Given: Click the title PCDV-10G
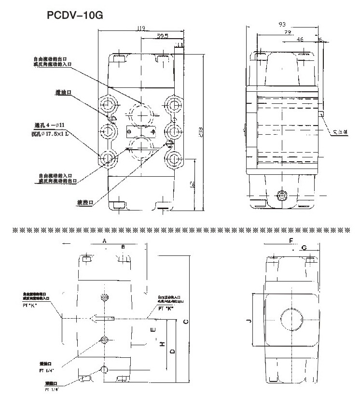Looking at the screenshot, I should point(74,15).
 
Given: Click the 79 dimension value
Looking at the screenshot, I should point(287,33).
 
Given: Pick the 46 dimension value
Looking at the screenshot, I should point(300,41).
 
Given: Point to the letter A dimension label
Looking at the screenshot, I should point(104,240).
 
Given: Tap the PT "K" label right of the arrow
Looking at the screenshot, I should point(166,308).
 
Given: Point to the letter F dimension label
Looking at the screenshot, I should point(291,240).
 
